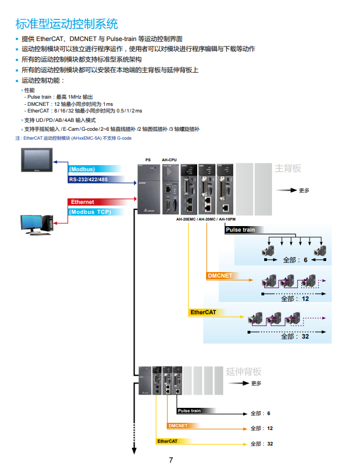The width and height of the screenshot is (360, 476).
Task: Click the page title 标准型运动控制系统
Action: tap(66, 24)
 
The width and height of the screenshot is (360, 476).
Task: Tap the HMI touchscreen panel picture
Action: tap(37, 160)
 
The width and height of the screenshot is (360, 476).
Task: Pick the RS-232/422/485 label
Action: tap(89, 179)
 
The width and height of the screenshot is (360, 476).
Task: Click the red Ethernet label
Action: tap(83, 202)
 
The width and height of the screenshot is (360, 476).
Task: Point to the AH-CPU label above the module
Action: tap(169, 160)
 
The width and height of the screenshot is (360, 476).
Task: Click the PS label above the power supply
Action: tap(148, 160)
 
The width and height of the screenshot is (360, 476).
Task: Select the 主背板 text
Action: tap(288, 168)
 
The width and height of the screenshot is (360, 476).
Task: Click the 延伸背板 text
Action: tap(244, 371)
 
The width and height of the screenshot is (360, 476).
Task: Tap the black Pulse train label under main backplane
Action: tap(240, 229)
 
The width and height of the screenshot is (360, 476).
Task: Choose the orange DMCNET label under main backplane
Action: tap(220, 275)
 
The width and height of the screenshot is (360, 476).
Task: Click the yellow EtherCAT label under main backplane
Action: tap(203, 313)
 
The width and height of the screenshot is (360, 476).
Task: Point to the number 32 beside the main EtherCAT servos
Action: tap(305, 336)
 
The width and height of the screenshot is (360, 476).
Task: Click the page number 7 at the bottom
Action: tap(171, 460)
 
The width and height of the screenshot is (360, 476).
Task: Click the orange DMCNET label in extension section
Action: tap(178, 426)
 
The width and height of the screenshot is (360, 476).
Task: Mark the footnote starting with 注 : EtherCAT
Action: tap(73, 138)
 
